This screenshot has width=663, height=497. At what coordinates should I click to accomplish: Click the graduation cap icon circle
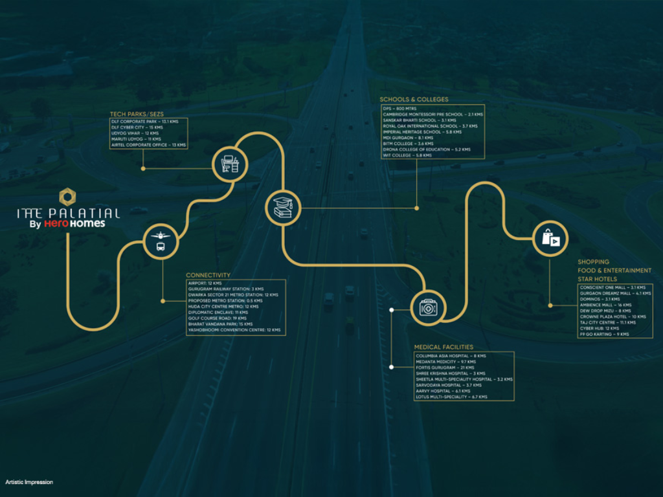[x=283, y=208]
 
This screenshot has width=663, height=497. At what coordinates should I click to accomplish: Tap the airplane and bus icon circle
[x=160, y=241]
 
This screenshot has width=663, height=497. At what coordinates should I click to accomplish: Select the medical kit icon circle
[x=428, y=307]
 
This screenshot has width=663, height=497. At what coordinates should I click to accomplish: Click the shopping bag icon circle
[x=550, y=238]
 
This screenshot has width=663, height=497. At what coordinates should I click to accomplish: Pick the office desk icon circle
[x=230, y=164]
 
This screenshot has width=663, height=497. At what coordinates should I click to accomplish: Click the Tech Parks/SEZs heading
[x=137, y=114]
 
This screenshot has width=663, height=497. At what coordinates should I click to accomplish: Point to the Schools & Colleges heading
[x=414, y=100]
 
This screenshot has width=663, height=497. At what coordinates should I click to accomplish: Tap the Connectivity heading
[x=208, y=275]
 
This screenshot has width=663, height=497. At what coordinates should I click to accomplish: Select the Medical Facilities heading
[x=444, y=347]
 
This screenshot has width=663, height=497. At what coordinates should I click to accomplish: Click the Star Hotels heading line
[x=598, y=279]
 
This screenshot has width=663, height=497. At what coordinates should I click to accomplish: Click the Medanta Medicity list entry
[x=445, y=362]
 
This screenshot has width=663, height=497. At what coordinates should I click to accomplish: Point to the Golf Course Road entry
[x=217, y=318]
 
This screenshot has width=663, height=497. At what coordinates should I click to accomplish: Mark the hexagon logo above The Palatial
[x=67, y=196]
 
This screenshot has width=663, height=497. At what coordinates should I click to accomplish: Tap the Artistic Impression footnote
[x=29, y=482]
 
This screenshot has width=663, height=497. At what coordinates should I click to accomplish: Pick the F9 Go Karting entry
[x=604, y=334]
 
